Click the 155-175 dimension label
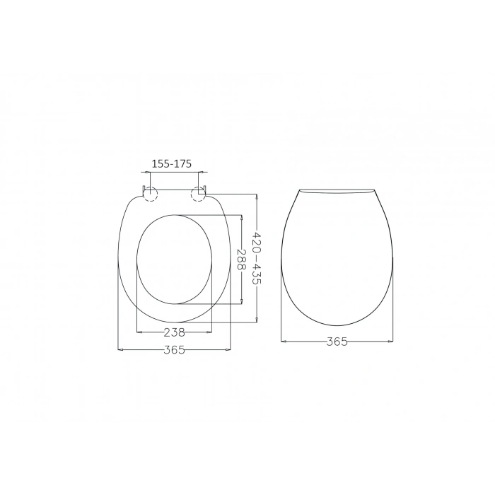172,163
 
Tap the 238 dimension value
174,332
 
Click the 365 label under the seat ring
174,350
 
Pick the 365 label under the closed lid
337,342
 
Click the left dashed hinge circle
149,194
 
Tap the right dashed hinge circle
198,194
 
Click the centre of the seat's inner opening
174,259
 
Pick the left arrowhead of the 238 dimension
137,332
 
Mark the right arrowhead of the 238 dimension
211,332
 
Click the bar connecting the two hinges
174,190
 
